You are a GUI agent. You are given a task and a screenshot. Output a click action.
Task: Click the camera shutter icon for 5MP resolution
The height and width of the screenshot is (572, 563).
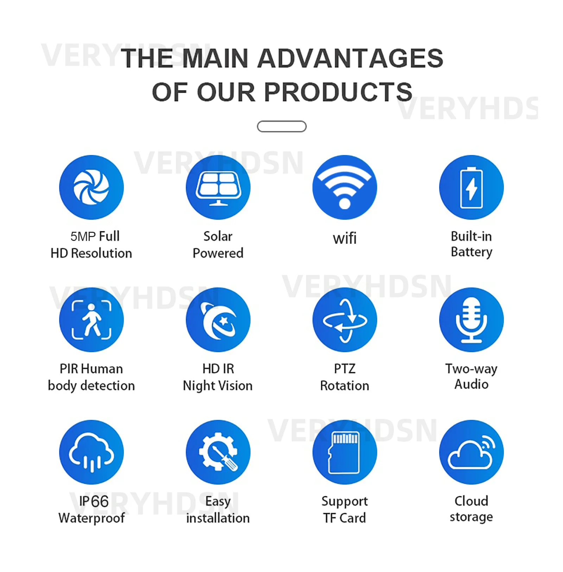[x=91, y=187]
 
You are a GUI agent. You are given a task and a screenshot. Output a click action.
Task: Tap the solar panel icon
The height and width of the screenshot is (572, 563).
[x=218, y=187]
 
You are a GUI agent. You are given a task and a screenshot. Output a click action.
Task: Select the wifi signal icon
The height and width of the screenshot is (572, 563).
[x=345, y=187]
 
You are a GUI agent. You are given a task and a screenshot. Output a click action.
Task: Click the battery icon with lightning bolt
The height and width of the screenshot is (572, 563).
[x=472, y=187]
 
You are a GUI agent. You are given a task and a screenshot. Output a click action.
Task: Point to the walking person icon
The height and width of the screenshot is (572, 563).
[x=91, y=320]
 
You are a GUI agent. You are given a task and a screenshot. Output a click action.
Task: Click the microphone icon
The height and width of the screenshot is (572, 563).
[x=472, y=320]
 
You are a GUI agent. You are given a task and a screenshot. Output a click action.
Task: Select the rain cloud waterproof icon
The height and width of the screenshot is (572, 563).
[x=91, y=452]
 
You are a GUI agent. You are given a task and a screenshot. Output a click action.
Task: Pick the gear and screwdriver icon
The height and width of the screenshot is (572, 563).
[x=218, y=452]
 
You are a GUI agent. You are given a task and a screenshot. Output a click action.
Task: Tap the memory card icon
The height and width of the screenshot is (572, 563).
[x=345, y=452]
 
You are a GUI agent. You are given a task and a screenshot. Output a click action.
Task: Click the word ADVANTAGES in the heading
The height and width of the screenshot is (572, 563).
[x=350, y=58]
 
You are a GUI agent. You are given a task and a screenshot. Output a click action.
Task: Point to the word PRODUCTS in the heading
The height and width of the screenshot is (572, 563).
[x=338, y=92]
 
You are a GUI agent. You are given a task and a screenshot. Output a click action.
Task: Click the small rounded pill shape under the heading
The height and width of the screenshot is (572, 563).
[x=282, y=126]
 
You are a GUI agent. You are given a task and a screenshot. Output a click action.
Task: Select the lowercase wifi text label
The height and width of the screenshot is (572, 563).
[x=345, y=238]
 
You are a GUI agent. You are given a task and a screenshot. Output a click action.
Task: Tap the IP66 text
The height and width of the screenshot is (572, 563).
[x=94, y=501]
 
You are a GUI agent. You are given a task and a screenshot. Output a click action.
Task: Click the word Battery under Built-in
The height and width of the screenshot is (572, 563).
[x=472, y=252]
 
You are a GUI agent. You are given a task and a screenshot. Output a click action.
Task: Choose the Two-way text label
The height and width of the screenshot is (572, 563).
[x=472, y=369]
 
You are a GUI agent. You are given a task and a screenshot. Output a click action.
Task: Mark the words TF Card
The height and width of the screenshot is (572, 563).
[x=345, y=518]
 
